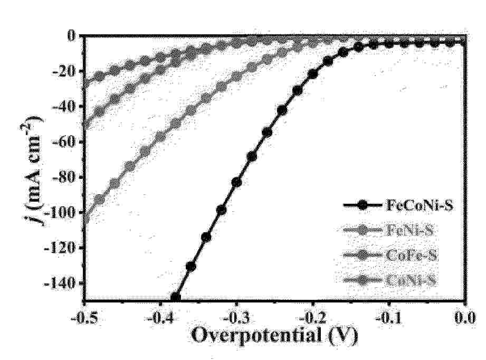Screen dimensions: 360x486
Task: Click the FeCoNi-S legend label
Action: click(417, 206)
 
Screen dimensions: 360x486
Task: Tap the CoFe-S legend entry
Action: click(411, 255)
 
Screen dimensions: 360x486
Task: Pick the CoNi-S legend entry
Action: click(411, 280)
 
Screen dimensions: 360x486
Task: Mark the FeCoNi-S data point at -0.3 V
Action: click(236, 182)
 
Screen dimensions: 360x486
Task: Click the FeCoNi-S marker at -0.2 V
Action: click(313, 74)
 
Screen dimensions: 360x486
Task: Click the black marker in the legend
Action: click(361, 206)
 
